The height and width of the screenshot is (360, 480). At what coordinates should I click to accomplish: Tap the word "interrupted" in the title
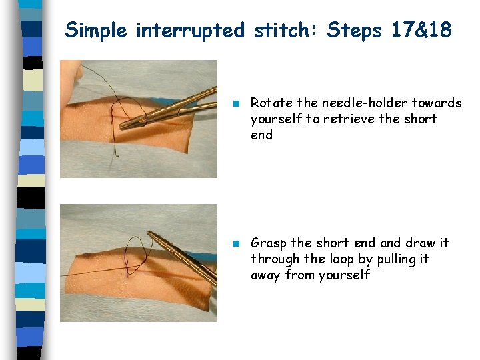190,30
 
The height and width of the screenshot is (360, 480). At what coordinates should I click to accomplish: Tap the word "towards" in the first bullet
437,103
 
